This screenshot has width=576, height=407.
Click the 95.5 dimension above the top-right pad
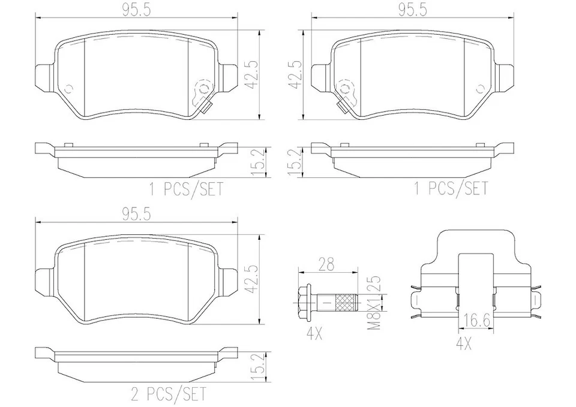click(411, 10)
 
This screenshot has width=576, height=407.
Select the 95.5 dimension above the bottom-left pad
click(136, 214)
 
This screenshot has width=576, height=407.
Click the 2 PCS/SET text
click(169, 394)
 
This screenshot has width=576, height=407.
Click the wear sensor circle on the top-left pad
click(204, 89)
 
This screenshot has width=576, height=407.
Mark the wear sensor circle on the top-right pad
click(345, 90)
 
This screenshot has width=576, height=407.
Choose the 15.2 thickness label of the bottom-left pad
click(253, 363)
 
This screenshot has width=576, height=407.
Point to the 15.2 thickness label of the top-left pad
click(253, 160)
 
